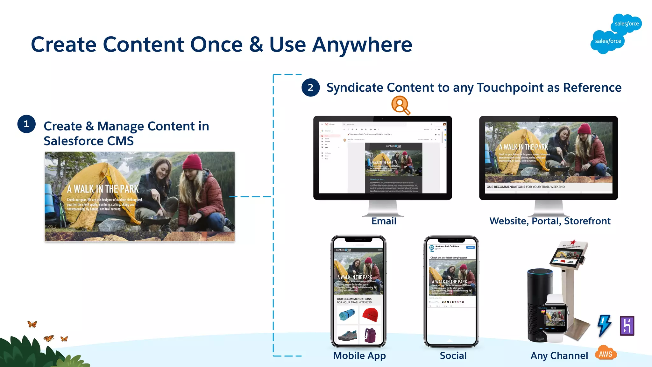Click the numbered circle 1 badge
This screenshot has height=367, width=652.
click(26, 124)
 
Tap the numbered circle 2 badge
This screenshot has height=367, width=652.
click(310, 88)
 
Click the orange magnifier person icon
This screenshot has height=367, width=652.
click(400, 105)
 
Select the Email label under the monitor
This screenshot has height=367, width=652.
click(384, 221)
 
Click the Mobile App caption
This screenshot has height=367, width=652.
click(359, 356)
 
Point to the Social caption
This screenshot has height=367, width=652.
click(453, 356)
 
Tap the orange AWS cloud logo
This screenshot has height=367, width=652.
click(606, 354)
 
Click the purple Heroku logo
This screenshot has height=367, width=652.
click(627, 326)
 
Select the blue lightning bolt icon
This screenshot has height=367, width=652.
click(604, 325)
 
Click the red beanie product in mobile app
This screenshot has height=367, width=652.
click(370, 314)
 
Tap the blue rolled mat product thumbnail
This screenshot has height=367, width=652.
click(347, 314)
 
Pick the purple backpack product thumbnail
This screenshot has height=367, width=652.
click(370, 335)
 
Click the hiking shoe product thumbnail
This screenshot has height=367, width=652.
click(347, 335)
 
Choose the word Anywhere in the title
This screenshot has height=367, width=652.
click(362, 45)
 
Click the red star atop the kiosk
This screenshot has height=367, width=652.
click(573, 242)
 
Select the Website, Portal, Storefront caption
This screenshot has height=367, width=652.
click(550, 221)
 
